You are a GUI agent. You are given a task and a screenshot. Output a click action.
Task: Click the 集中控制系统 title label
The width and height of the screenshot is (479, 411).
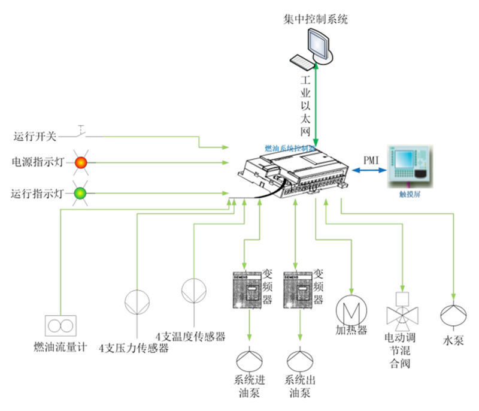[x=316, y=19]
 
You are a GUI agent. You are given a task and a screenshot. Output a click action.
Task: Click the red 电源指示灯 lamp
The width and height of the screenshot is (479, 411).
[x=81, y=162]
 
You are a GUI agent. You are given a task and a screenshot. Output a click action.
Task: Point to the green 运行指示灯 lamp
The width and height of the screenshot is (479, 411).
[x=80, y=194]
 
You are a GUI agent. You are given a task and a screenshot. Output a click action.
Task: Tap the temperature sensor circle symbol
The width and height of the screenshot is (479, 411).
[x=193, y=291]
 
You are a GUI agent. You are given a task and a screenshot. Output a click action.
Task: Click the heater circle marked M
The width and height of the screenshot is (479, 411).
[x=351, y=309]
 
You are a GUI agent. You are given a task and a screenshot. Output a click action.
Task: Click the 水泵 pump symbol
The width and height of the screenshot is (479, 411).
[x=453, y=315]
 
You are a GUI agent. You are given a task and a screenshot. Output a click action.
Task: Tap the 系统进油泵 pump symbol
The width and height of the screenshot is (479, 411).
[x=248, y=360]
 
